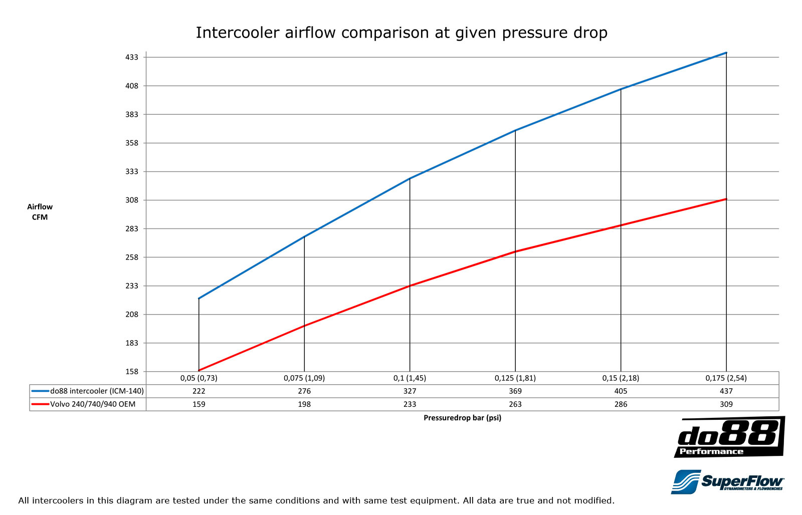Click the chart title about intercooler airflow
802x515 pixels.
coord(401,33)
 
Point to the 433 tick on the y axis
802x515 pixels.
coord(131,58)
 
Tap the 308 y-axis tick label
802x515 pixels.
coord(131,200)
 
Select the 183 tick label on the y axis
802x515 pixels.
coord(131,343)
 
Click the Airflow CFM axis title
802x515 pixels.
coord(40,212)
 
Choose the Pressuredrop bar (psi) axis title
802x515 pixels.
coord(462,418)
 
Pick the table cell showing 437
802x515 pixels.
coord(726,391)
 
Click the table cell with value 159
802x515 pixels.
coord(199,404)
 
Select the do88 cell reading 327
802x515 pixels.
coord(410,391)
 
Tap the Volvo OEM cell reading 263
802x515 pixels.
coord(515,404)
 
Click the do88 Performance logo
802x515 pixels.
coord(729,437)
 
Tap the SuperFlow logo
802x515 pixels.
coord(728,481)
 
